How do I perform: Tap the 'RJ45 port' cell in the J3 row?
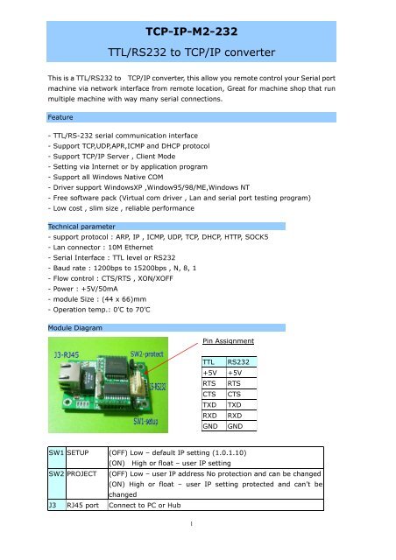tap(85, 529)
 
